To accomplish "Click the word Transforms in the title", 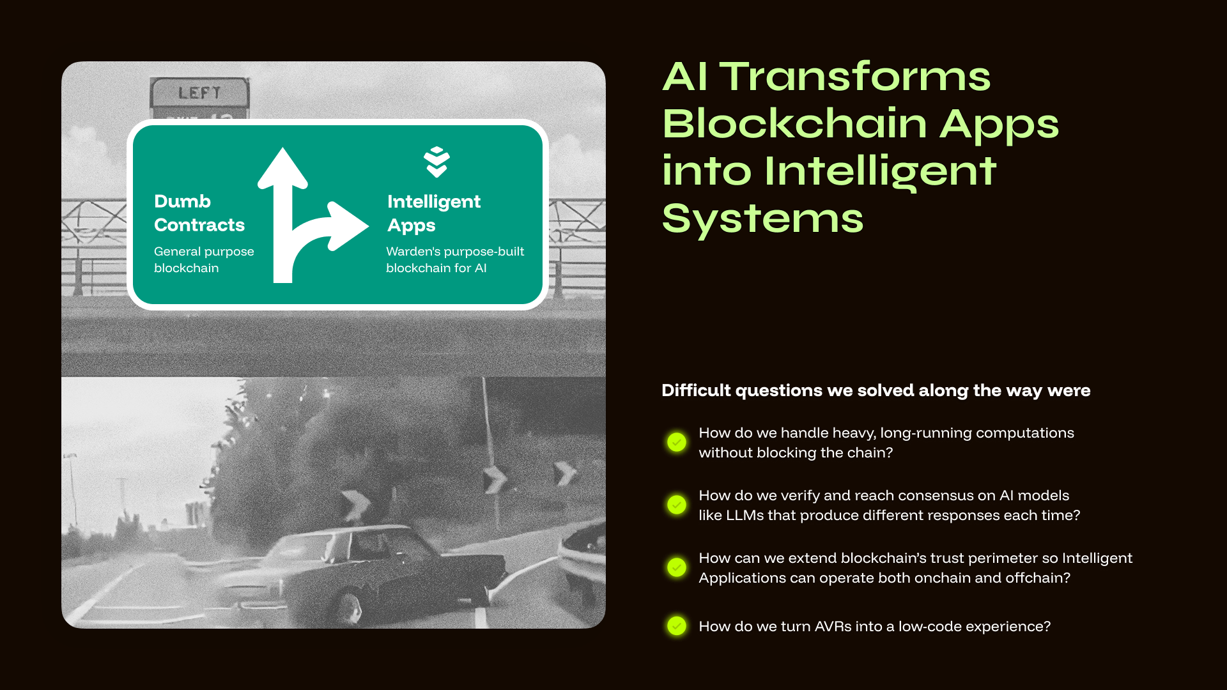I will click(855, 77).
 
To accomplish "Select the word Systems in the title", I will click(762, 218).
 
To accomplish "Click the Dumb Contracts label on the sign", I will click(199, 213).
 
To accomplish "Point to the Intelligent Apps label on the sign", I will click(433, 213).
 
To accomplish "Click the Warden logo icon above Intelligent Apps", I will click(436, 162).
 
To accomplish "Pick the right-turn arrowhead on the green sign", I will click(348, 226).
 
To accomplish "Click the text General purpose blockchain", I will click(204, 259).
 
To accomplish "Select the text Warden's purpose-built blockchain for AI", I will click(454, 259).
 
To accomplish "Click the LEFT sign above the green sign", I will click(199, 93).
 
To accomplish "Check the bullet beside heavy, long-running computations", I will click(677, 442).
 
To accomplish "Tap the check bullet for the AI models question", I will click(677, 505).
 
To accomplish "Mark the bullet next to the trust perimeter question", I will click(677, 567).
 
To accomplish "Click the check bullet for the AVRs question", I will click(677, 626).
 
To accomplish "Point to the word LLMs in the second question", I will click(745, 516).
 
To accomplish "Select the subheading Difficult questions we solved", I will click(876, 390).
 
